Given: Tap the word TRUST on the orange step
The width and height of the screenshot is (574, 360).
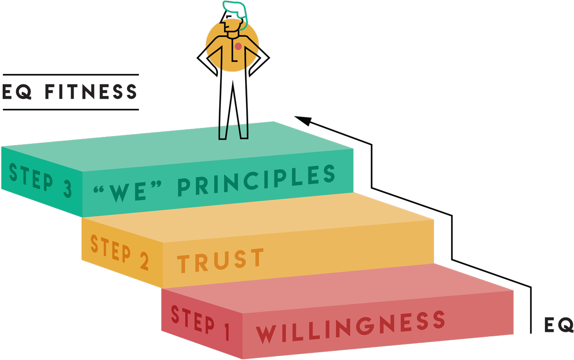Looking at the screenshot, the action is point(221,260).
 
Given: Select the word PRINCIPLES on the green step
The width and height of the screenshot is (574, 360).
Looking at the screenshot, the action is point(256,181).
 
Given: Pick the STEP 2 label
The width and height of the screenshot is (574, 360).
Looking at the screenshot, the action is point(119,252).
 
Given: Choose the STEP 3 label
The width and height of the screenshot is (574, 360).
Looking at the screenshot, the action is point(40,180).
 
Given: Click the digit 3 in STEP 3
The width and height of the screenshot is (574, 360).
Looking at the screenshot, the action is point(67,189).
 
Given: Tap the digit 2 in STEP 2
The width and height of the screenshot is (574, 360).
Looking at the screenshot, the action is point(144,262).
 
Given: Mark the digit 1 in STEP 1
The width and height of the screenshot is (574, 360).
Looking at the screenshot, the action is point(226,332).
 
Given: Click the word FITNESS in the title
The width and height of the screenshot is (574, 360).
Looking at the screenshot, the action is point(90,92).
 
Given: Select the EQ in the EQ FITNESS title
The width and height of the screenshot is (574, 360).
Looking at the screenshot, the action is point(17,92).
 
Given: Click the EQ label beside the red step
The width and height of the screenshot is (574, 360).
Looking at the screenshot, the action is point(559,325).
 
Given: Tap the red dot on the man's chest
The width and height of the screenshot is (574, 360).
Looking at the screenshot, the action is point(238,46).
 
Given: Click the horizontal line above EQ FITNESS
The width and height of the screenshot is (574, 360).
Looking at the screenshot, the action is point(71,75).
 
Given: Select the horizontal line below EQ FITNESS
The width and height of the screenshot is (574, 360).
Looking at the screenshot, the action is point(71,110).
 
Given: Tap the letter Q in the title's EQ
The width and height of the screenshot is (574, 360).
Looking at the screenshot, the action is point(25,92).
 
